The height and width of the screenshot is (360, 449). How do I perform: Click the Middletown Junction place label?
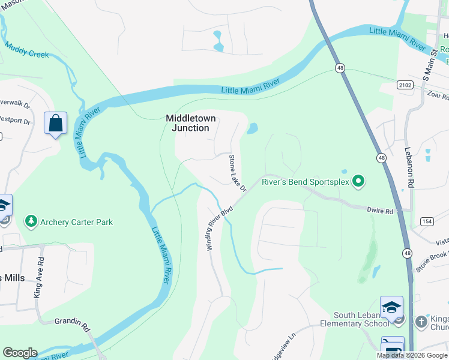(x=191, y=123)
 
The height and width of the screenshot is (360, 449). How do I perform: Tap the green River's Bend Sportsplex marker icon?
(x=359, y=181)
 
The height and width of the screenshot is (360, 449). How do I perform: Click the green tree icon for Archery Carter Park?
(x=31, y=222)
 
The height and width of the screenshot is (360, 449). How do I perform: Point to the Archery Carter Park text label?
(x=77, y=222)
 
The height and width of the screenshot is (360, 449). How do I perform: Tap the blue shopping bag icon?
(x=56, y=124)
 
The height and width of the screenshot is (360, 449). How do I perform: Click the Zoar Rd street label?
(x=438, y=95)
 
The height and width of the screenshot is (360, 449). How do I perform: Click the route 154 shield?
(x=427, y=221)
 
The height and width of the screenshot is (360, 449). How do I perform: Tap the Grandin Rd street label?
(x=73, y=325)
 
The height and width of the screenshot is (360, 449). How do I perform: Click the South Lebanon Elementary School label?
(x=361, y=320)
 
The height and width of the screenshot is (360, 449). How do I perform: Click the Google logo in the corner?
(x=20, y=353)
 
